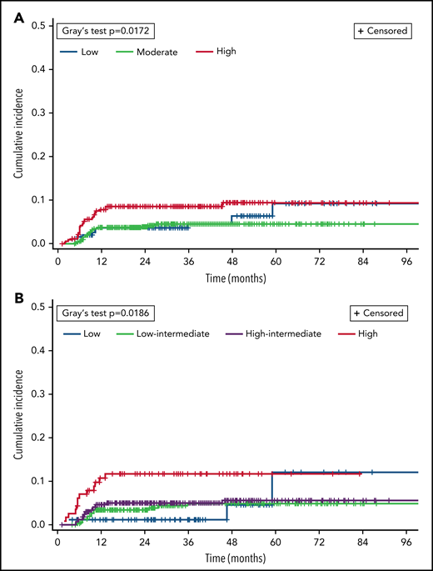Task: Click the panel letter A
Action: [x=8, y=11]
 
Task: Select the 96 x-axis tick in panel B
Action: [x=406, y=540]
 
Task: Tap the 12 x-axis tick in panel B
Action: [x=101, y=540]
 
